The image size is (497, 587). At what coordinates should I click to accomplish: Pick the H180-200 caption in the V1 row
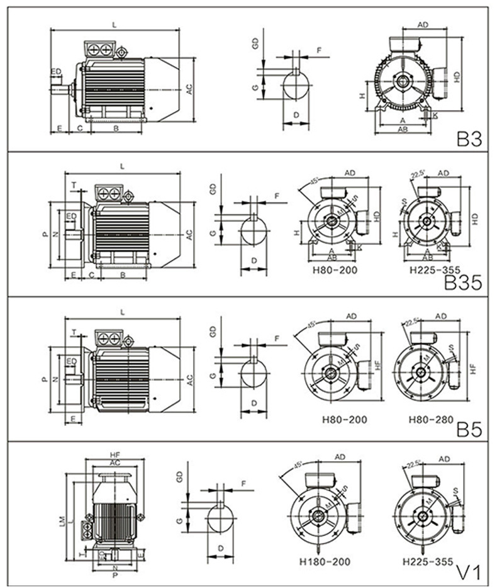point(327,561)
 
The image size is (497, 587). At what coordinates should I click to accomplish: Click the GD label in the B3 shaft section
point(255,44)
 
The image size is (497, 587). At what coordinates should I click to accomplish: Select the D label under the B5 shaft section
point(254,402)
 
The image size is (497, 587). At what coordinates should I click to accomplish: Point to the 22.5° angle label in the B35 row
point(416,174)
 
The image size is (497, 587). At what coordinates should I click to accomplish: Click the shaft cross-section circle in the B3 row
point(295,84)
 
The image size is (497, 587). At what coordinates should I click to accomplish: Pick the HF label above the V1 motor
point(114,454)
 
